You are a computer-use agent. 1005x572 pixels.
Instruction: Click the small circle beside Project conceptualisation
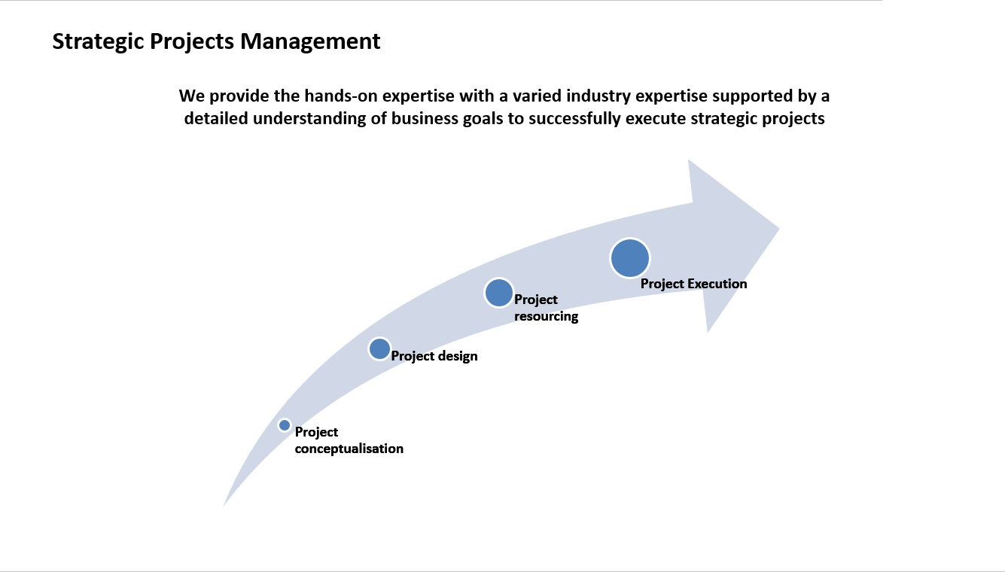pos(285,425)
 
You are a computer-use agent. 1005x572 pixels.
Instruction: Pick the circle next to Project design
pos(380,349)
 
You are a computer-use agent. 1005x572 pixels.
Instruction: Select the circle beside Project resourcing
pos(498,293)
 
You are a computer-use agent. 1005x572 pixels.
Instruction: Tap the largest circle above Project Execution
pos(630,258)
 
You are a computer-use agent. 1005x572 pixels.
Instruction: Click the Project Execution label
pos(693,284)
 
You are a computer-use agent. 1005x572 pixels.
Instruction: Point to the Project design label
pos(434,356)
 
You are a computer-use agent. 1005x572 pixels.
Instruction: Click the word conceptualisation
pos(349,449)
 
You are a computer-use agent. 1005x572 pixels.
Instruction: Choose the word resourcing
pos(547,316)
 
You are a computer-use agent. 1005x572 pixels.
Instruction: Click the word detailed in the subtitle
pos(214,119)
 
